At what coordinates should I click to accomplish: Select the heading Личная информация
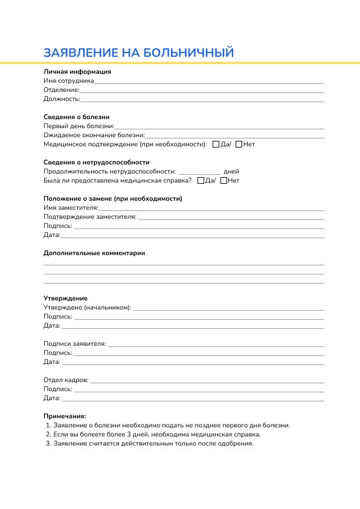point(77,71)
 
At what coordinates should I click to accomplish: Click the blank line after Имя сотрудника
point(209,82)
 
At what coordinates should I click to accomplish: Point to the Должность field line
point(202,100)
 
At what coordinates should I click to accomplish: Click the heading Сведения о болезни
point(76,117)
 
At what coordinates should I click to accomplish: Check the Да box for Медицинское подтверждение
point(217,144)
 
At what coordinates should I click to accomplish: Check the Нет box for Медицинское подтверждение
point(239,144)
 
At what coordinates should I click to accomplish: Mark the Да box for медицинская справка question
point(201,181)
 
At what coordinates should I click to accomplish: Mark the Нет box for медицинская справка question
point(224,181)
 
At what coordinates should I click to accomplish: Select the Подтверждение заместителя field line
point(231,218)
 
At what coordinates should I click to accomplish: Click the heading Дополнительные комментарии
point(94,253)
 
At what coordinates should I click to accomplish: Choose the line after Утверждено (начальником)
point(228,309)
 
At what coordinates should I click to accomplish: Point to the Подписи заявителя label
point(75,343)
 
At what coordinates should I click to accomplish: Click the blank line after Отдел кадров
point(207,382)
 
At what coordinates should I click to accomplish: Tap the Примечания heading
point(65,416)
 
